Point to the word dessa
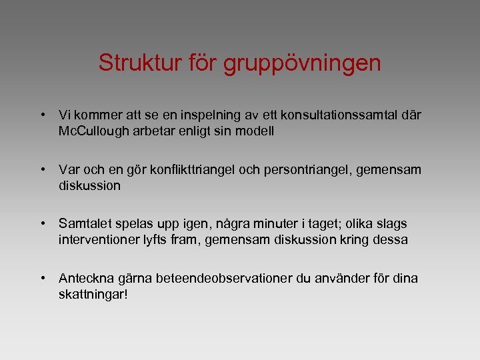click(391, 240)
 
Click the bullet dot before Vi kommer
click(42, 115)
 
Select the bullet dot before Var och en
click(42, 170)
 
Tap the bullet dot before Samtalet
click(42, 224)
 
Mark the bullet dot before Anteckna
click(42, 279)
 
